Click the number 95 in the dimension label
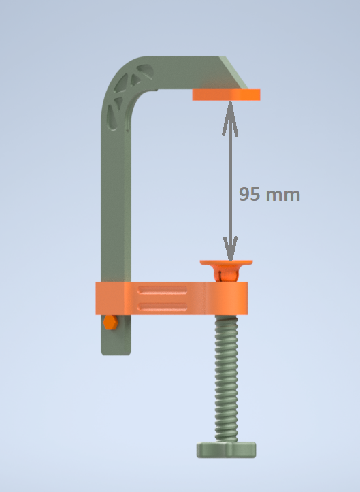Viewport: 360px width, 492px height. click(249, 194)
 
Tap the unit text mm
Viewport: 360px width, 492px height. click(282, 195)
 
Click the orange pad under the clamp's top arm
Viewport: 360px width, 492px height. click(226, 95)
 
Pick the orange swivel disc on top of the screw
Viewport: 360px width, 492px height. click(227, 261)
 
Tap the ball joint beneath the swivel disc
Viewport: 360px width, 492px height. click(227, 274)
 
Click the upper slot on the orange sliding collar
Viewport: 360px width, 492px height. click(163, 291)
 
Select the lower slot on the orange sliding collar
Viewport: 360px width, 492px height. click(163, 306)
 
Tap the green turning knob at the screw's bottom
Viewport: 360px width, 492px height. click(227, 449)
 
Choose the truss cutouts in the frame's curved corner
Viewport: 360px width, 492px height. click(130, 92)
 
